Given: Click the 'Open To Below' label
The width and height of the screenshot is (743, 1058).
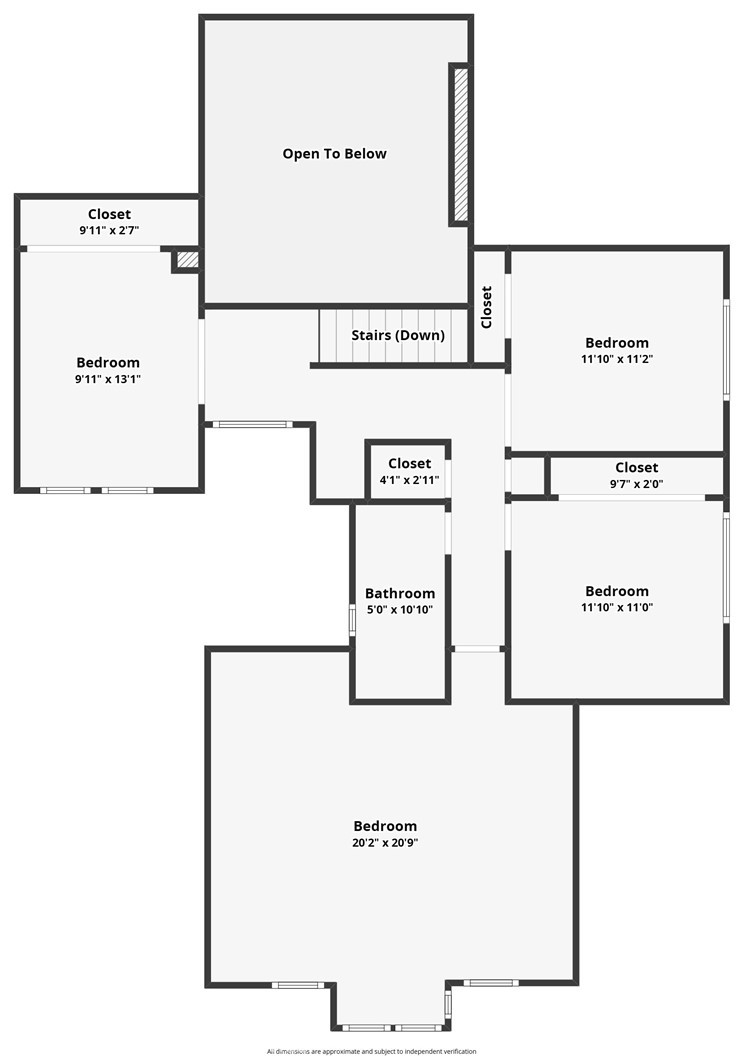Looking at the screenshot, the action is point(335,154).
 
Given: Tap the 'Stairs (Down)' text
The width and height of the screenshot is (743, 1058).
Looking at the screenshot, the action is point(398,335).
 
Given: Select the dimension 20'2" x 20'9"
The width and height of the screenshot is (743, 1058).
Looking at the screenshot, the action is point(385,842).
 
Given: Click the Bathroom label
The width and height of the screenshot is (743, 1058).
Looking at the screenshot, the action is point(400,593).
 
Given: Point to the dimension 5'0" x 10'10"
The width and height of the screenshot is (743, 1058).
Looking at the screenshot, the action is point(400,610).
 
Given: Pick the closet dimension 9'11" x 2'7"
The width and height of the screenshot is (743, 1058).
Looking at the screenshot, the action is point(109,230).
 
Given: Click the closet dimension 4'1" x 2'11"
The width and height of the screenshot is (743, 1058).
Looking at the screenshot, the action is point(410,480).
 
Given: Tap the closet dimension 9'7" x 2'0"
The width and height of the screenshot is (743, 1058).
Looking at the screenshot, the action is point(636,484).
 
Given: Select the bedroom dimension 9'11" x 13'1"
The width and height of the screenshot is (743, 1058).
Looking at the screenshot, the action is point(108,379).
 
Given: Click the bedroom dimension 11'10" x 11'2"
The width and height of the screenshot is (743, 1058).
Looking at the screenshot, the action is point(617,359).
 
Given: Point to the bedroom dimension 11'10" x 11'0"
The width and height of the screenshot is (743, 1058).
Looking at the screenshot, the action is point(617,607).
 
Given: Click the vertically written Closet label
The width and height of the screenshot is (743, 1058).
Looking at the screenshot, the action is point(487,307).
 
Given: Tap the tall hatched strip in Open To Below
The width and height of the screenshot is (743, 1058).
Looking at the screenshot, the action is point(460,145).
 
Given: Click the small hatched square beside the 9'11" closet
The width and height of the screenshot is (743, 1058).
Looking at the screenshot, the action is point(188,259).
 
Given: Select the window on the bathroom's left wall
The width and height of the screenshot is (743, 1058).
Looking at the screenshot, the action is point(352,619).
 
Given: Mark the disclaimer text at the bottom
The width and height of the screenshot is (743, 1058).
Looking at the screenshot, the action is point(371,1051).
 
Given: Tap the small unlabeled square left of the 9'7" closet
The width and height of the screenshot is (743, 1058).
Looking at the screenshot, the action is point(527,476).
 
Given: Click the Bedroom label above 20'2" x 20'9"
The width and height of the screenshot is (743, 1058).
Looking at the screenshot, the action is point(385,826).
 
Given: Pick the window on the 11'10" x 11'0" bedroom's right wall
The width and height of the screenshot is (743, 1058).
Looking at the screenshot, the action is point(727,568).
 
